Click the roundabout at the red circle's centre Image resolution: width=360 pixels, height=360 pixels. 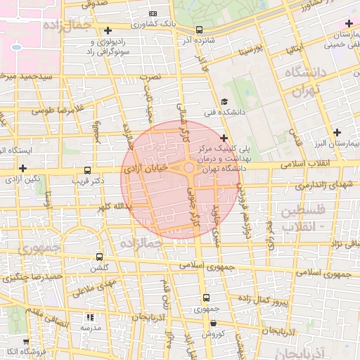pos(189,168)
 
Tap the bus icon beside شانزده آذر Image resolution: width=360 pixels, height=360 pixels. pos(200,30)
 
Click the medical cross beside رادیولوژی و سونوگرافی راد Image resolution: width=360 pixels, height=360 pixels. pos(107,30)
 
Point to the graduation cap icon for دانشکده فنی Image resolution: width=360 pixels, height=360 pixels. pos(224,102)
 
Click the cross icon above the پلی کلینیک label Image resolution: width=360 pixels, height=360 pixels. pos(224,138)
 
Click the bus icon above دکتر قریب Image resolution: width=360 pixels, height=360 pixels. pos(87,170)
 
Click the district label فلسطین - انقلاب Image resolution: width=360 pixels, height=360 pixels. pos(302,218)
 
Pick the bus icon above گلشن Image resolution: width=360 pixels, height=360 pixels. pos(98,257)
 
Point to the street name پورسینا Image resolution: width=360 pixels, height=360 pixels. pos(250,51)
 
